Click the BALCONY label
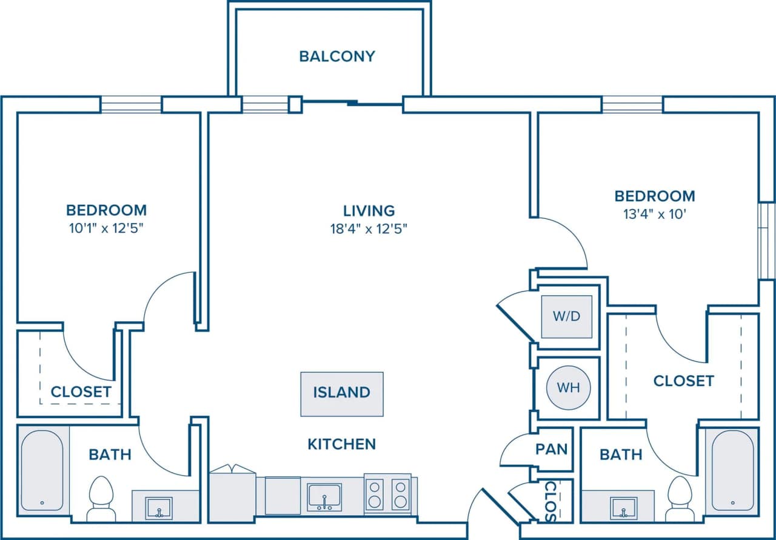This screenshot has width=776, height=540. pos(337,56)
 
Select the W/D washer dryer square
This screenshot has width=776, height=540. pos(567,317)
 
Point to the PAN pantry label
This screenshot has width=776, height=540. pos(551,449)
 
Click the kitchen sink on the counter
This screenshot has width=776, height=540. pos(324,496)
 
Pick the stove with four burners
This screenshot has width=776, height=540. pos(387,494)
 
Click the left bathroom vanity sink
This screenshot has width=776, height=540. pos(159,507)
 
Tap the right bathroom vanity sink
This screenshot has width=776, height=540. pos(623,507)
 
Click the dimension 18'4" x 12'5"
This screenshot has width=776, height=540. pos(369,228)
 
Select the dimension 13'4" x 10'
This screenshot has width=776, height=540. pos(655,214)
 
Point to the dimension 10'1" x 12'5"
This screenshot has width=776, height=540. pos(106,228)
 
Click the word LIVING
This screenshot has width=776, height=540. pos(369,211)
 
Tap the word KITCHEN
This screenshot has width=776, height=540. pos(341,444)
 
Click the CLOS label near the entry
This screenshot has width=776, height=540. pos(550,501)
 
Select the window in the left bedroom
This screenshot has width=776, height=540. pos(131,105)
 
